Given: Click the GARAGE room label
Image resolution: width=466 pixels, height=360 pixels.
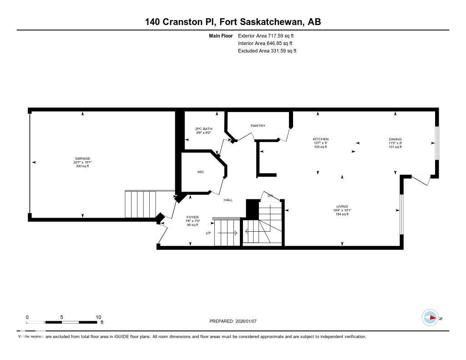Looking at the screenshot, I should [82, 158].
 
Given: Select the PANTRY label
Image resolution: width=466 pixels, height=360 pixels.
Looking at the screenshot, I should [258, 126].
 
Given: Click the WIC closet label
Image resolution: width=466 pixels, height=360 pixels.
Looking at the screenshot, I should [200, 172].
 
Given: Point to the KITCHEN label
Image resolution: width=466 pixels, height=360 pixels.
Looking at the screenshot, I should [320, 139].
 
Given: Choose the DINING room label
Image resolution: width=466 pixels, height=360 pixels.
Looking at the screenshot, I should [395, 139].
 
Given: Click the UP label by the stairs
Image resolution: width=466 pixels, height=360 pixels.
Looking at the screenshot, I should [209, 233].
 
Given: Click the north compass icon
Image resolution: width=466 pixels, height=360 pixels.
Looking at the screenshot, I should [430, 317].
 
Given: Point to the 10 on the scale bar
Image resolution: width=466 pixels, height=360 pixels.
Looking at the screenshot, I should [98, 317].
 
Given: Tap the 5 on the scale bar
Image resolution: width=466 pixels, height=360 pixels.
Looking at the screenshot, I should [61, 317].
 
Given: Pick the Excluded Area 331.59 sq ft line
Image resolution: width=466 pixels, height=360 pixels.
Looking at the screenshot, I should [267, 51].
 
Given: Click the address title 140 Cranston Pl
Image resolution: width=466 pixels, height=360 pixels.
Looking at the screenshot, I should [181, 22].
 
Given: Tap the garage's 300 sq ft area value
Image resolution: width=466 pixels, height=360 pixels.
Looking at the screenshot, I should [82, 166].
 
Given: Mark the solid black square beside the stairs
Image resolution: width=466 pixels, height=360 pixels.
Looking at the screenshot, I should [252, 209].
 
